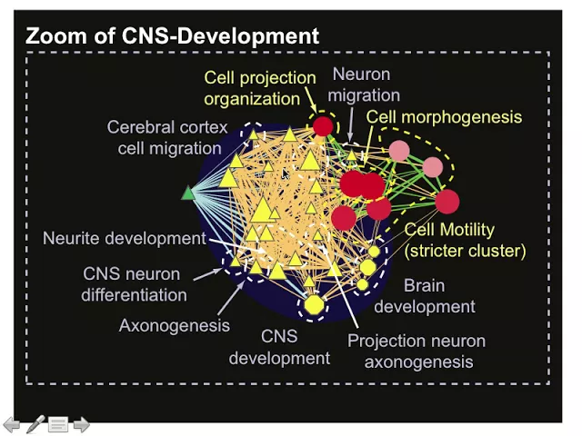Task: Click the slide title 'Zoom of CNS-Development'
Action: tap(172, 36)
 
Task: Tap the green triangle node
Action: tap(188, 193)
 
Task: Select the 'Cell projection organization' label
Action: tap(259, 88)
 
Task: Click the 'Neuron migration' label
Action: tap(366, 84)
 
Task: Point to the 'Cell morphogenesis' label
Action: tap(444, 117)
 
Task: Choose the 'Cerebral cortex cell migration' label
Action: tap(167, 137)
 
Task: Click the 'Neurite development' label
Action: tap(124, 239)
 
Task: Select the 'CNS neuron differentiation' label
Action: tap(133, 284)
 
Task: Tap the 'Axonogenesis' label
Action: tap(174, 324)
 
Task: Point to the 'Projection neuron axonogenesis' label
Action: tap(417, 352)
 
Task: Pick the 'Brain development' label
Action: tap(425, 296)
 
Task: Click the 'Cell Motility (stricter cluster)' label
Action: tap(465, 240)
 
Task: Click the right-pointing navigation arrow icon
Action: tap(81, 423)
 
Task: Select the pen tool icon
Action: tap(35, 423)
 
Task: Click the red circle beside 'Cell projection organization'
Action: tap(323, 126)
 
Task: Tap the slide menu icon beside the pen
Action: tap(58, 423)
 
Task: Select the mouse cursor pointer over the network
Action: tap(286, 173)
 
